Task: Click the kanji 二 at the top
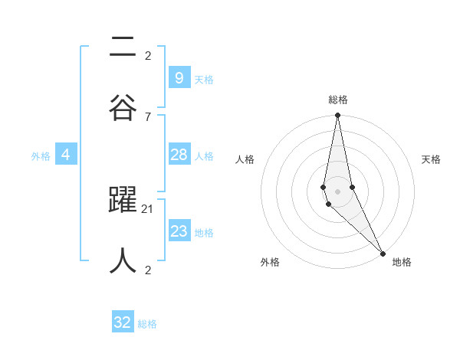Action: point(123,47)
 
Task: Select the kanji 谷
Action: point(123,106)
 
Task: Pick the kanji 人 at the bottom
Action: point(123,260)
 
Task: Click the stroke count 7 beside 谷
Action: point(147,116)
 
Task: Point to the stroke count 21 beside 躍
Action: point(148,208)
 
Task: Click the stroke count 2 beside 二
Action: point(147,55)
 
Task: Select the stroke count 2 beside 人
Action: point(147,270)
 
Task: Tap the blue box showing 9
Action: point(179,77)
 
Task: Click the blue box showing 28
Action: point(179,155)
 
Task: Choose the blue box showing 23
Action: point(179,231)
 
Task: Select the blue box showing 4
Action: point(66,155)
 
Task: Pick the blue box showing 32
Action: point(123,322)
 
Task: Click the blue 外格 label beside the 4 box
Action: point(41,156)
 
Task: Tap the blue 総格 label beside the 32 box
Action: point(147,324)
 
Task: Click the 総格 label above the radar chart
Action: point(338,100)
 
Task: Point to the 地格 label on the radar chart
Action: point(402,263)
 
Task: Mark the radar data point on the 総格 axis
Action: point(337,116)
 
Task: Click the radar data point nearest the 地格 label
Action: point(383,252)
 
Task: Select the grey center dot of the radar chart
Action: point(337,191)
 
